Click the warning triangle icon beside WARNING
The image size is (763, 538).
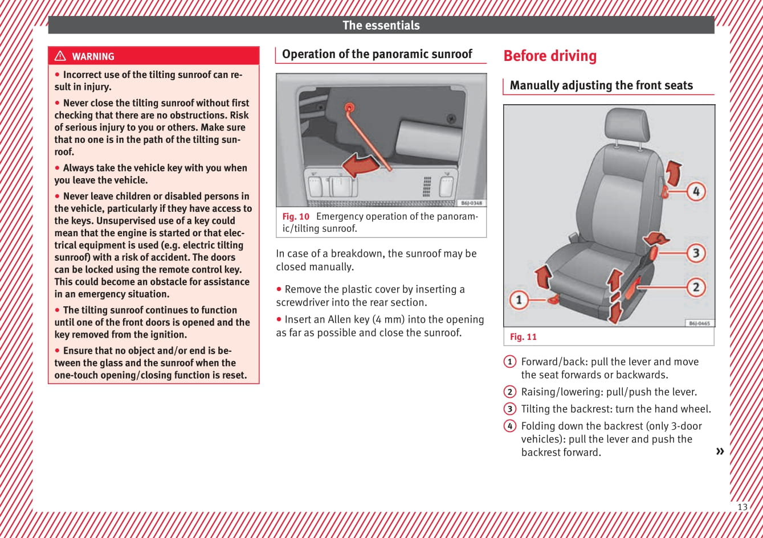click(60, 56)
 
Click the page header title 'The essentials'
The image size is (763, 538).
click(381, 25)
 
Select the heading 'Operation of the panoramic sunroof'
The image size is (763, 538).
click(377, 54)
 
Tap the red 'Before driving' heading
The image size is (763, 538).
click(550, 56)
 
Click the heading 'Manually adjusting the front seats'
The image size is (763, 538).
click(601, 85)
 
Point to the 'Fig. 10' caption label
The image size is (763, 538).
click(296, 216)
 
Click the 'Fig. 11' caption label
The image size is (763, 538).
click(523, 337)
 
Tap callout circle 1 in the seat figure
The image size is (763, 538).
click(519, 299)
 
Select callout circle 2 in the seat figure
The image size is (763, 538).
click(696, 287)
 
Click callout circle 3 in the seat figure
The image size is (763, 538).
click(696, 252)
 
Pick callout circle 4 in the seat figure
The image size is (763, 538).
click(696, 191)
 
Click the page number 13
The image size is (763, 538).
click(742, 507)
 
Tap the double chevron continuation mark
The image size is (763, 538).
click(720, 451)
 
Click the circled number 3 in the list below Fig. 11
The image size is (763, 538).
click(509, 409)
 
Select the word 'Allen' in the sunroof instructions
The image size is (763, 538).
click(340, 319)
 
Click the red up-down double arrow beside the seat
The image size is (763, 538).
click(614, 296)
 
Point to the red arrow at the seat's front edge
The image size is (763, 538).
click(543, 277)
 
